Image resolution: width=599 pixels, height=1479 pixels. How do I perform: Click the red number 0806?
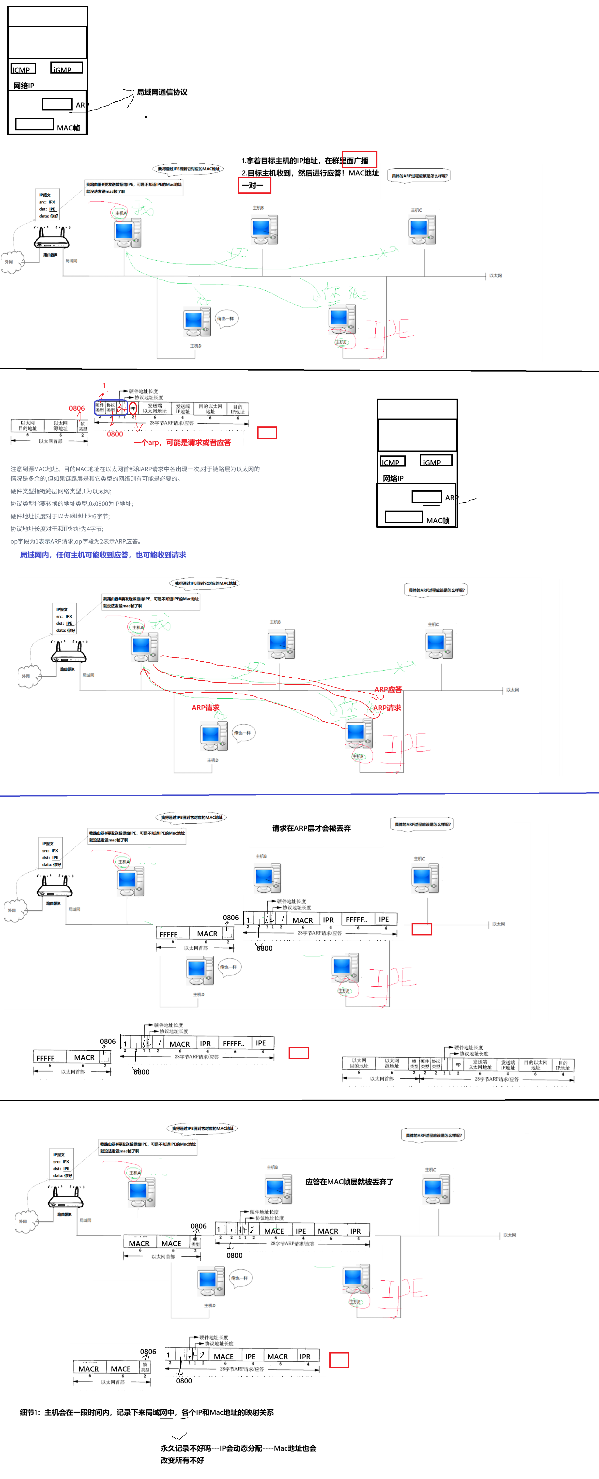pos(77,408)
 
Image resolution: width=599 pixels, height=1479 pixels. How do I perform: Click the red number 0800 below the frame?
pos(115,434)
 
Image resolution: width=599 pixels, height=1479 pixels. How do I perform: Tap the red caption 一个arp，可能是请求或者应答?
pos(183,443)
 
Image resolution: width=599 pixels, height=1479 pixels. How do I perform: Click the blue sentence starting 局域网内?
pos(103,555)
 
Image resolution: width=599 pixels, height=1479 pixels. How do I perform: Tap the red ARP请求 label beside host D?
pos(205,708)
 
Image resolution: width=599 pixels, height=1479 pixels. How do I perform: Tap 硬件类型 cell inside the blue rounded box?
pos(100,408)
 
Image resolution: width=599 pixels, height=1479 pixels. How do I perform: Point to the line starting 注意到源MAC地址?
pos(135,469)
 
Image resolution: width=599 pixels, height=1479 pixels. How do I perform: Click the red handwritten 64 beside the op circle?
pos(122,408)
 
